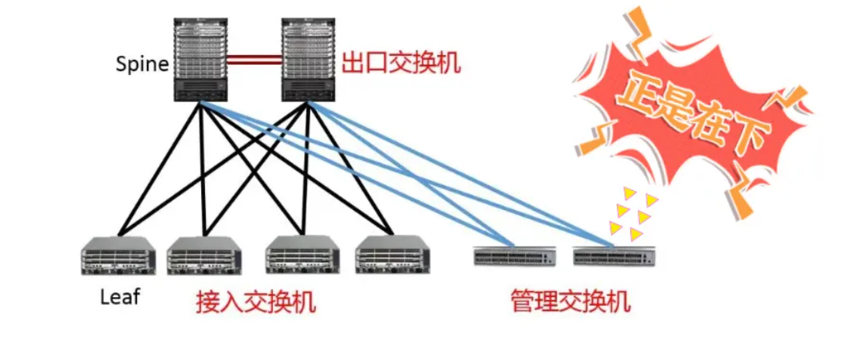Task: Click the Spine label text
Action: [x=143, y=64]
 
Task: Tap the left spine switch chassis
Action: [x=199, y=60]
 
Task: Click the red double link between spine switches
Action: [x=255, y=60]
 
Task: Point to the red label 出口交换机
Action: [x=401, y=63]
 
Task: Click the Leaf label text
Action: [x=120, y=298]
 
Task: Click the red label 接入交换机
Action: [x=255, y=303]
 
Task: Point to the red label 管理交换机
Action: [x=571, y=303]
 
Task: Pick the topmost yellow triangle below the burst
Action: [x=630, y=192]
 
